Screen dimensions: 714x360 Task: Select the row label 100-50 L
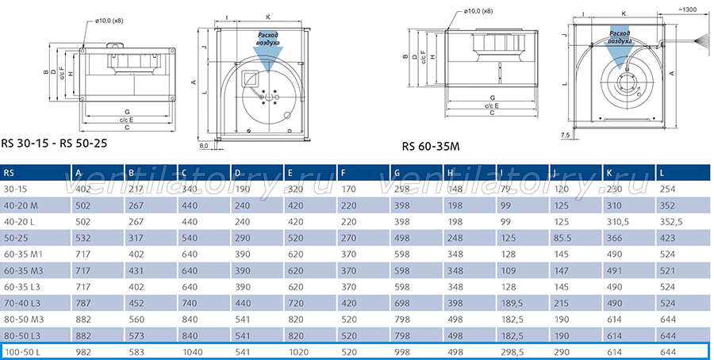(21, 352)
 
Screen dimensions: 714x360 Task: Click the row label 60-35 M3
(23, 271)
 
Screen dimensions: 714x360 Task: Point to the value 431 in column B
(136, 271)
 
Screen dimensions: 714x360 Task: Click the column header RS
(9, 173)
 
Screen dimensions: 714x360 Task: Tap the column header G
(397, 173)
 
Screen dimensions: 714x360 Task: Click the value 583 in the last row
(136, 352)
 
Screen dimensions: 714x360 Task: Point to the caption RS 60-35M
(431, 147)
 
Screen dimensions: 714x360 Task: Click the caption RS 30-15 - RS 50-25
(54, 144)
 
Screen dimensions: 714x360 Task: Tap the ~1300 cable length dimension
(687, 10)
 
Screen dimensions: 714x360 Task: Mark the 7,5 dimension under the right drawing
(565, 135)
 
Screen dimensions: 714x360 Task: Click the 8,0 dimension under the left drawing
(204, 146)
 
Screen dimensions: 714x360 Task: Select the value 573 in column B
(136, 336)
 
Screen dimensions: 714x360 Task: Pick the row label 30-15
(15, 189)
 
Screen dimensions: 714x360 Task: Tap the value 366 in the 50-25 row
(614, 238)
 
